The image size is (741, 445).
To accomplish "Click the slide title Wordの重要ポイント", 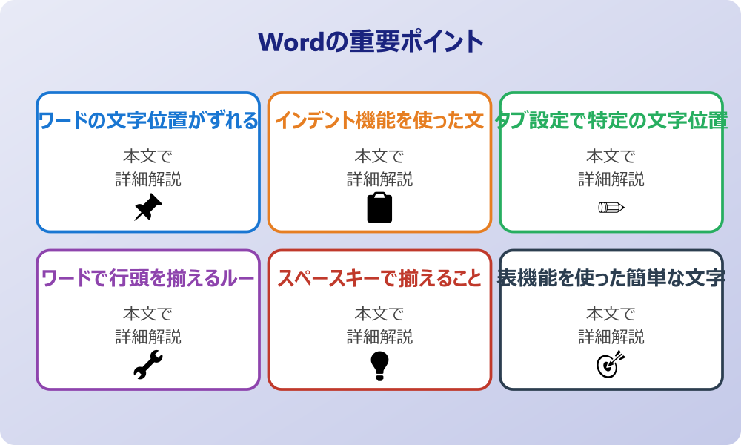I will pos(370,42).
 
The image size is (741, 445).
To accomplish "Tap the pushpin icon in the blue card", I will pos(148,208).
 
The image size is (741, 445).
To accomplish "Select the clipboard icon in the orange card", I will pos(379,208).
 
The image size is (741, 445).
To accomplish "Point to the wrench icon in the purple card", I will pos(148,365).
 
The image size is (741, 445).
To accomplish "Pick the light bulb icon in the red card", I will pos(379,365).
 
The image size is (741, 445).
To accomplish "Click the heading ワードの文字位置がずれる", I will pos(148,120).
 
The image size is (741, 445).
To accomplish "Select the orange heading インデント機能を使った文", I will pos(379,120).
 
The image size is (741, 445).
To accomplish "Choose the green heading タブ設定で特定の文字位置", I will pos(611,120).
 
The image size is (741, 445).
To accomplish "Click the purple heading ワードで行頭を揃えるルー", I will pos(148,278).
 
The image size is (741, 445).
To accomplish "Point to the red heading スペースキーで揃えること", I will pos(379,278).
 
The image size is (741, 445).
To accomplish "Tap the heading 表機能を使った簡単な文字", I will pos(611,278).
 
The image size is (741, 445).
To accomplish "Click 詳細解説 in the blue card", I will pos(148,179).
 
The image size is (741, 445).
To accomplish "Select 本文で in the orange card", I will pos(379,156).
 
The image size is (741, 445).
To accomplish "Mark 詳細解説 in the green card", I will pos(611,179).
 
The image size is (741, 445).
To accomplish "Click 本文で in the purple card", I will pos(148,314).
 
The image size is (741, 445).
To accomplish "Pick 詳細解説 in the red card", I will pos(379,337).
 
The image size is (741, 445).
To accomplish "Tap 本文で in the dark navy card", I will pos(611,314).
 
